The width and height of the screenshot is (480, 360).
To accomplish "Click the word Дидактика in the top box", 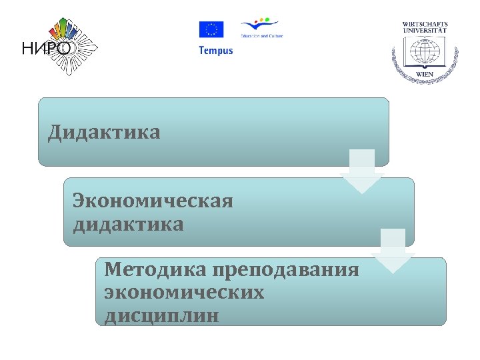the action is [104, 132].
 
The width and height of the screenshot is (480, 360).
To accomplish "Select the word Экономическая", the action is [153, 200].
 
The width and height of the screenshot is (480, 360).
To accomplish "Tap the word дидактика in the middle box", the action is [128, 224].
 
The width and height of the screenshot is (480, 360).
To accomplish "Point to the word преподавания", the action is [286, 271].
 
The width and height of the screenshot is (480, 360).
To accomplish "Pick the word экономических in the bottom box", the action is [184, 292].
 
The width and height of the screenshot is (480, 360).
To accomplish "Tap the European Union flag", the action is [211, 30].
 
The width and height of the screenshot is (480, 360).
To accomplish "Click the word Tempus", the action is [216, 51].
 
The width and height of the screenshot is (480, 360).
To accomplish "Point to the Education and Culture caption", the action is [261, 36].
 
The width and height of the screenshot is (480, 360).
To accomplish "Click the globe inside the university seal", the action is [425, 52].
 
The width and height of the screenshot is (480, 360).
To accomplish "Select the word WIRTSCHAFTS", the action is [425, 25].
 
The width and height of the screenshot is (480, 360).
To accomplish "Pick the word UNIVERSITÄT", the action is [425, 31].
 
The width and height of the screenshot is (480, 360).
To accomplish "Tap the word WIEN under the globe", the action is [425, 74].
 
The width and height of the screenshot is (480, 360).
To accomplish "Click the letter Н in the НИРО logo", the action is [29, 49].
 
